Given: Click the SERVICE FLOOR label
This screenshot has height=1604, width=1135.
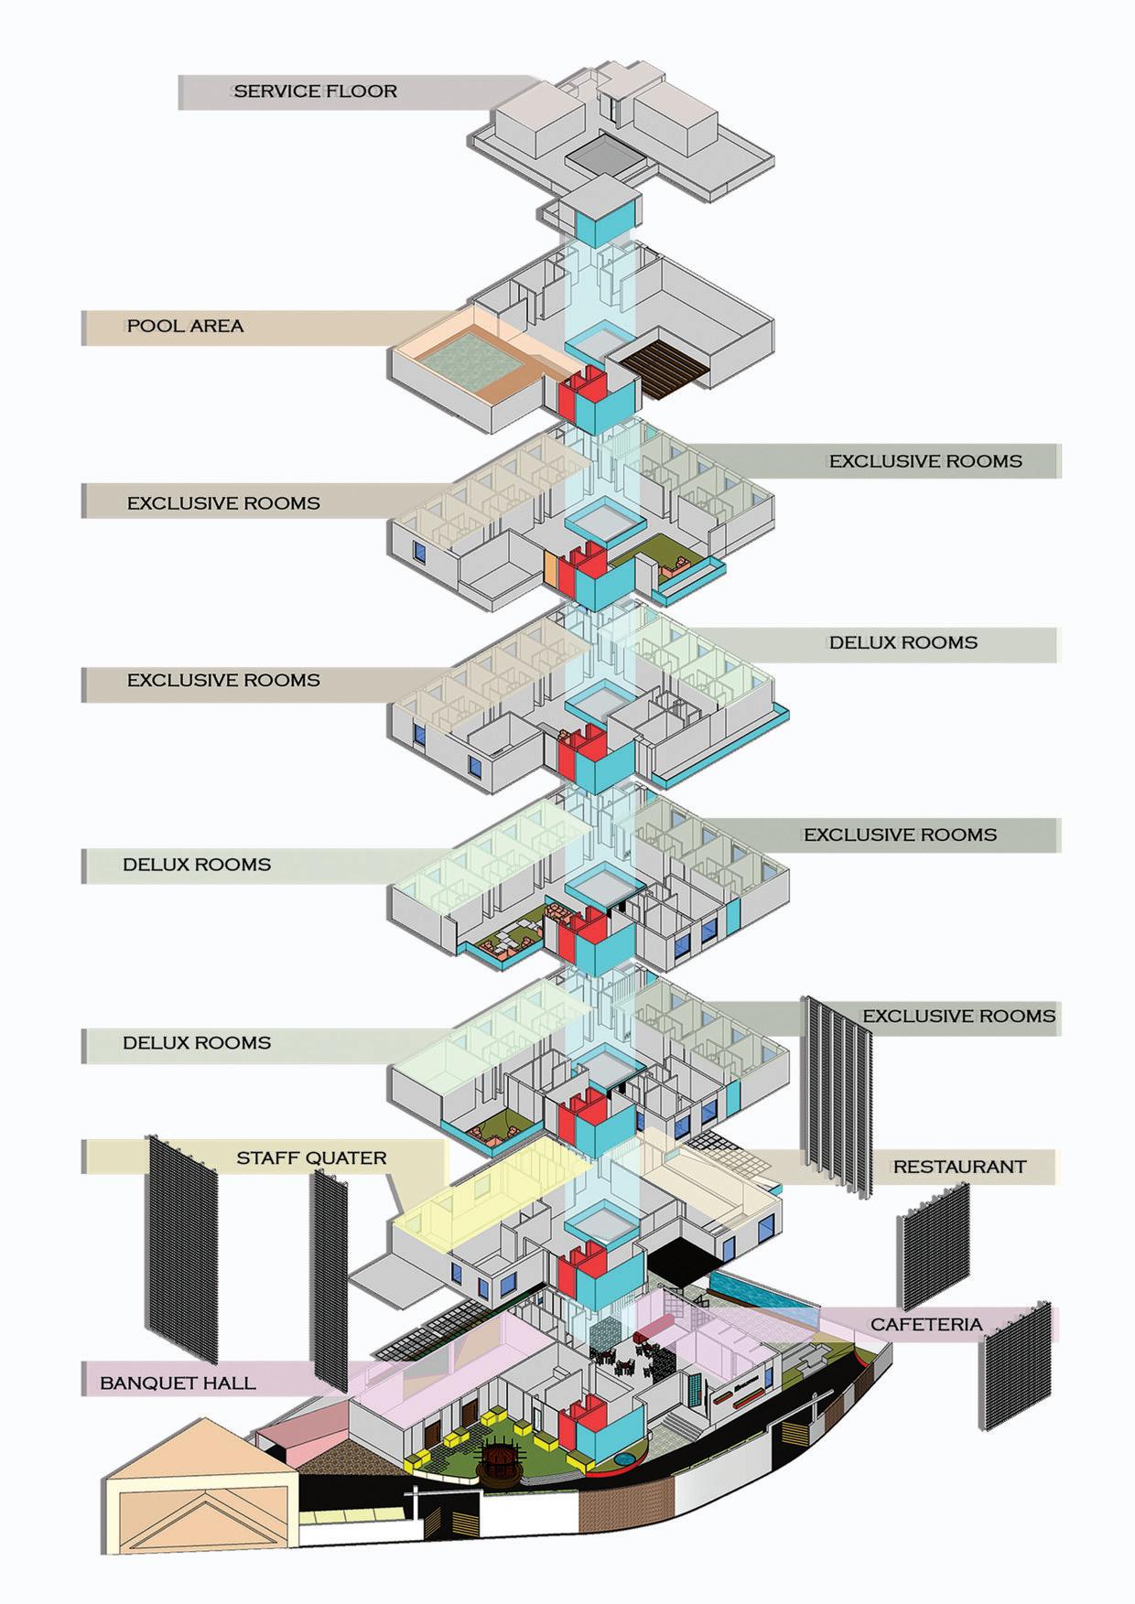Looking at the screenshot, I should [315, 92].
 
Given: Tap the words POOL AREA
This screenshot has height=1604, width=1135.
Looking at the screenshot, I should [185, 326].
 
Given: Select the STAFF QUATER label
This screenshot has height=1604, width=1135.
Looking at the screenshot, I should [311, 1158].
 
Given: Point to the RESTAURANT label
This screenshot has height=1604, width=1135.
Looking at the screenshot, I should [959, 1167].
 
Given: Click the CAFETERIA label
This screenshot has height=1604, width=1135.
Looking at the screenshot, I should [925, 1324].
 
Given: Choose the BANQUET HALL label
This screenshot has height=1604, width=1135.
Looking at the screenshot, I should [178, 1383].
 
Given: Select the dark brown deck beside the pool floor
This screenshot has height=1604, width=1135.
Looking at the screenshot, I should [661, 368].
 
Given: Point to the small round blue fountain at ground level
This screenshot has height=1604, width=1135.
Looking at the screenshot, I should [624, 1455].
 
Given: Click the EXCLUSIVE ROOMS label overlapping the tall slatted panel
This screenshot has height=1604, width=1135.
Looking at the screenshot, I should [958, 1017].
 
